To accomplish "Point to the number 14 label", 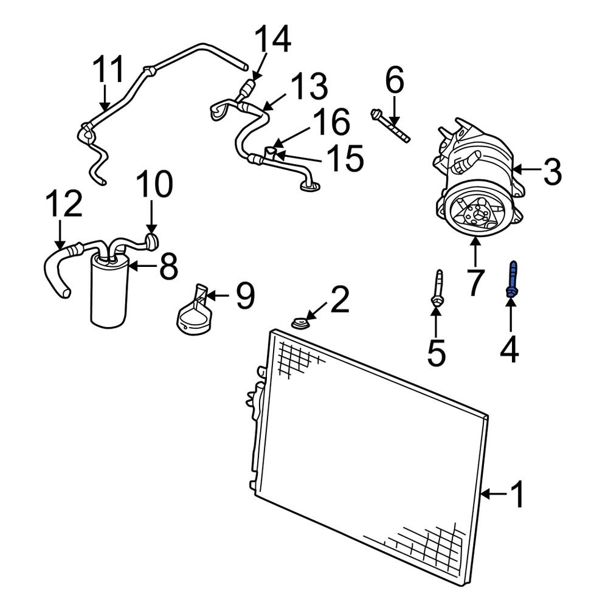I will coord(272,41).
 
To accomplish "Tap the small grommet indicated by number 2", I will coord(299,323).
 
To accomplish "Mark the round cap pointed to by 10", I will coord(151,241).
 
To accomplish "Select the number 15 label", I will coord(344,158).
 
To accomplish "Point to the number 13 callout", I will coord(308,88).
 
